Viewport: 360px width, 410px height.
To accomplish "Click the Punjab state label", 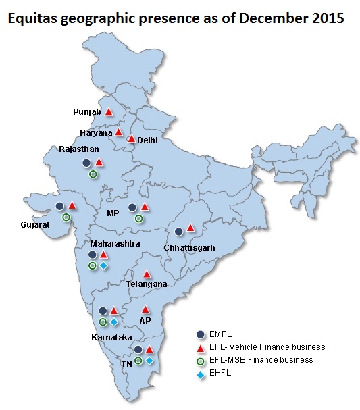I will (86, 111).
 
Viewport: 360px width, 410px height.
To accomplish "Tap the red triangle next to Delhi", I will (131, 139).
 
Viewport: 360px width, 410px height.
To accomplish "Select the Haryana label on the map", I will (96, 133).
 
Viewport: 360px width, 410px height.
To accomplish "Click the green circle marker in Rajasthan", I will (93, 174).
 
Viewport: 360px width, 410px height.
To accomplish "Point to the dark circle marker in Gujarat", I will (60, 206).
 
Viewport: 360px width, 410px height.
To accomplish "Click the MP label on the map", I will (113, 213).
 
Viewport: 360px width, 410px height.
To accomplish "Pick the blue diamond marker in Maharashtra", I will (104, 266).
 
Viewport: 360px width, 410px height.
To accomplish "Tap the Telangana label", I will (147, 284).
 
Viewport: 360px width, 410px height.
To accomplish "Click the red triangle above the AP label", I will (145, 309).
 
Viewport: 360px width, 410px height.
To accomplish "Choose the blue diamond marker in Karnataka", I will (114, 322).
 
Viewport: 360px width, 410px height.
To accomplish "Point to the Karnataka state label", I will (113, 336).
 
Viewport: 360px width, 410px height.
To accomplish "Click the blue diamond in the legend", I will (201, 372).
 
